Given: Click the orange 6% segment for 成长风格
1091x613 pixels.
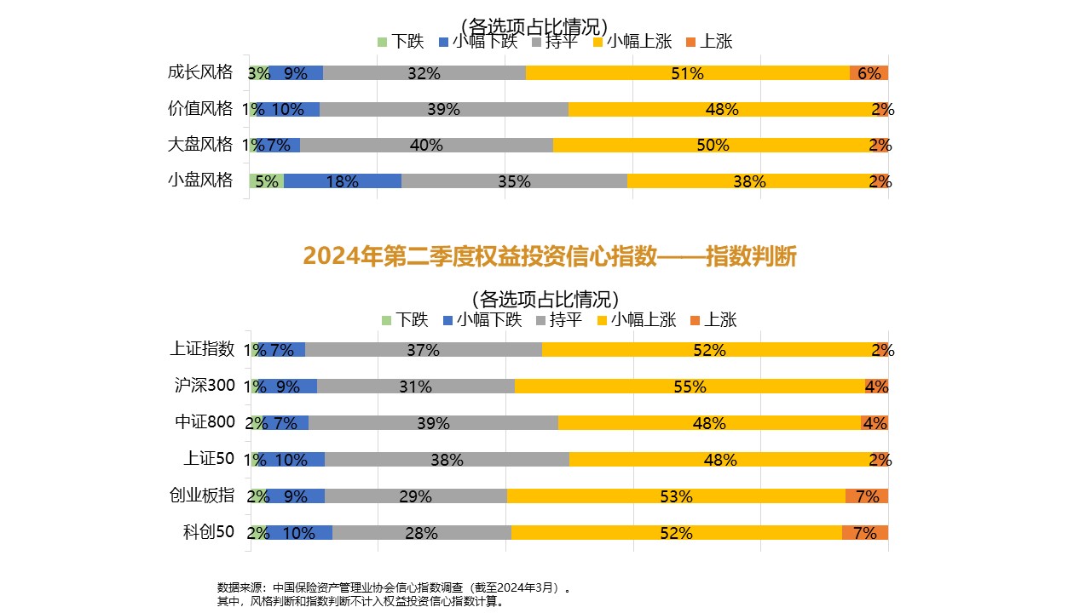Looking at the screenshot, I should click(x=869, y=73).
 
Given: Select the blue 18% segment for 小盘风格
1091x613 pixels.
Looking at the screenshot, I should click(x=342, y=180).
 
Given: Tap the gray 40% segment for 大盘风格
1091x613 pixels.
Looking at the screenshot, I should click(x=426, y=145).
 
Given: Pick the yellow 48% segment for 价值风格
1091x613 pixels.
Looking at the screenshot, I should click(x=723, y=109).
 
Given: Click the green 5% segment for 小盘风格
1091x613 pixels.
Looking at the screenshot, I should click(x=267, y=180).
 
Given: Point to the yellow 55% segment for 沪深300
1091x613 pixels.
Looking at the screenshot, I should click(x=689, y=386).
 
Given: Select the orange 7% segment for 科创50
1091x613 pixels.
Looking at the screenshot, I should click(x=864, y=533).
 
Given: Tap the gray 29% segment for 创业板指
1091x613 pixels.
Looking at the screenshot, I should click(x=415, y=496).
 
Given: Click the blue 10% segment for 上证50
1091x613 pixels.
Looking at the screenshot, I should click(x=291, y=460).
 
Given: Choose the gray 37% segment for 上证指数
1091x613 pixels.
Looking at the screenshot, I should click(x=423, y=349).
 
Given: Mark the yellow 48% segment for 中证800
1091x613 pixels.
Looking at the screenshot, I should click(x=709, y=422).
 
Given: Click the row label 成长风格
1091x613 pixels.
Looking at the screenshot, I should click(x=200, y=72).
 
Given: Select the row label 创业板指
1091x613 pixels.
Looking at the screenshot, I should click(x=202, y=496).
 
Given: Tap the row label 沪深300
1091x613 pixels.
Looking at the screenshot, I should click(x=204, y=385).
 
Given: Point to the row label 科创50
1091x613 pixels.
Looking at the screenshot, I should click(x=208, y=532).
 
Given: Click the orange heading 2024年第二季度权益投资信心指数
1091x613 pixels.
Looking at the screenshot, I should click(x=549, y=255).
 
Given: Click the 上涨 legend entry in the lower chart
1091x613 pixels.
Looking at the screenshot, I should click(x=713, y=320).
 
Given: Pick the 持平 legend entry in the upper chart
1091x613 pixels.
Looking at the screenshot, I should click(x=555, y=41).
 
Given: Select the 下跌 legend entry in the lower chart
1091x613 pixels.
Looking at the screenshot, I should click(x=405, y=320).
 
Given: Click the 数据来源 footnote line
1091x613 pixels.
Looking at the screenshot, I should click(x=393, y=587).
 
